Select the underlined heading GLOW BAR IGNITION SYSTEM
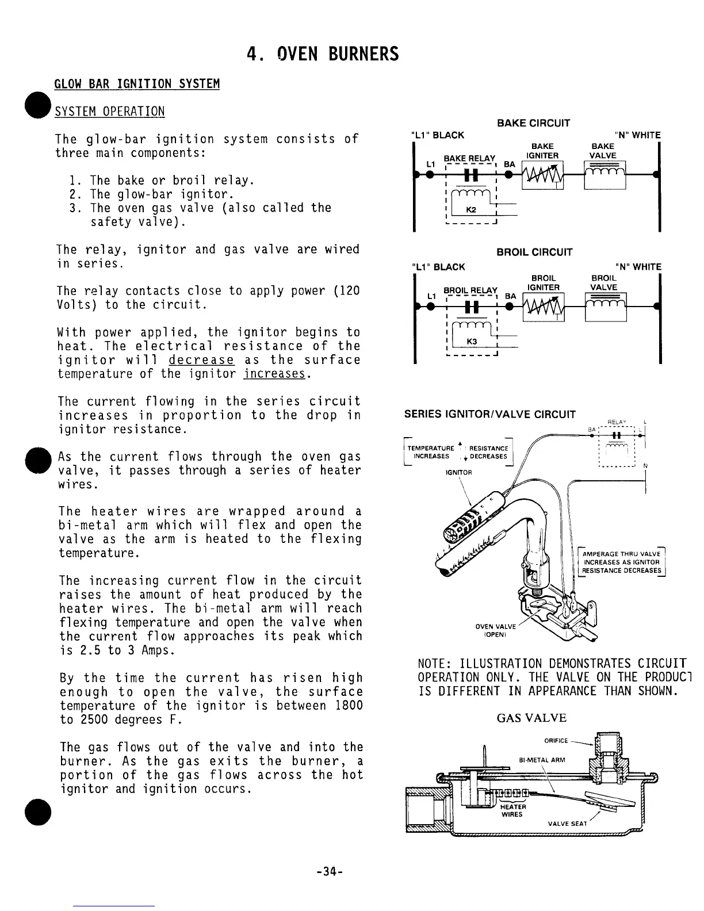point(137,84)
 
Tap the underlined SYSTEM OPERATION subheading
point(109,111)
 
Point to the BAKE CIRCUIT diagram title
point(533,123)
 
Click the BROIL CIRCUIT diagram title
point(534,252)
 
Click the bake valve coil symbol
point(604,175)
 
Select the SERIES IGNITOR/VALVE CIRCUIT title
point(490,414)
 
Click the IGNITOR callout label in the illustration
point(458,472)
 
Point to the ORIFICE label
point(556,740)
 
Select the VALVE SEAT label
point(567,823)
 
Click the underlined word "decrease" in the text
point(201,360)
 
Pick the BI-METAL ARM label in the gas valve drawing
point(542,760)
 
